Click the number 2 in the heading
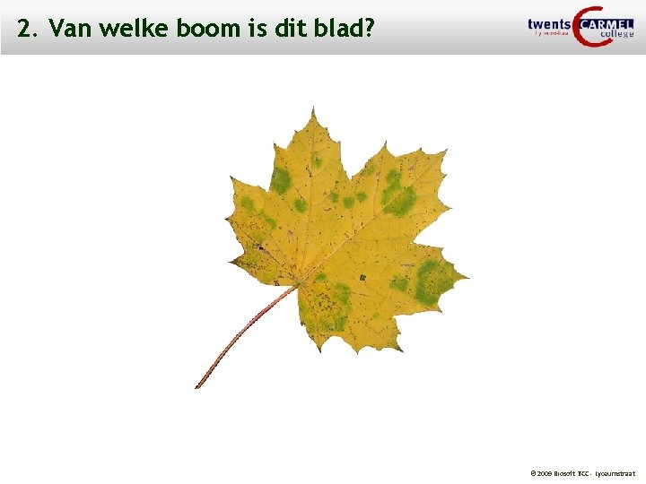tap(23, 30)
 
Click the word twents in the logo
tap(549, 24)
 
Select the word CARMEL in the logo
tap(607, 24)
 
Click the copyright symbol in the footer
tap(533, 472)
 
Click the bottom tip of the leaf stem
tap(196, 386)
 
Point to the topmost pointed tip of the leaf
tap(313, 109)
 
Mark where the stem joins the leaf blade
tap(297, 285)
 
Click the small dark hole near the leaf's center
tap(362, 277)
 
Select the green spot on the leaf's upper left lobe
tap(281, 180)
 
